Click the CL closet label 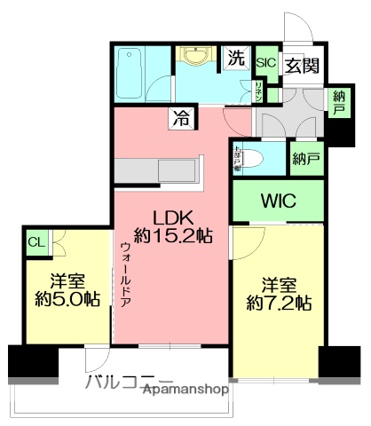pos(36,241)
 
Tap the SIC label pos(264,63)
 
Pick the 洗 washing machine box pos(235,59)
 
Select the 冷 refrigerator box pos(181,116)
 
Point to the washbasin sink pos(194,57)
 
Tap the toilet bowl pos(252,161)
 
